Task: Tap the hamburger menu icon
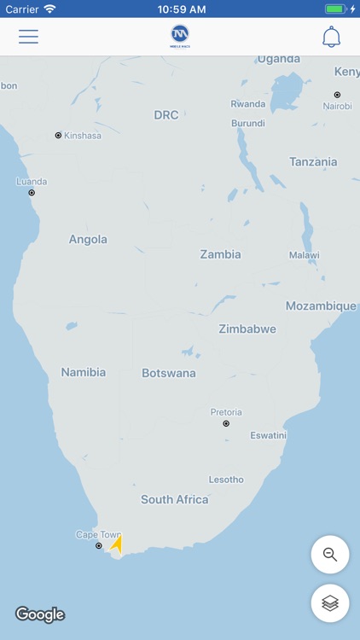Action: pos(28,37)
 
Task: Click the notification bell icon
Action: pos(331,37)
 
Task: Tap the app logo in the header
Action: pos(180,37)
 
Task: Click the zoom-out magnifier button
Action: pos(329,554)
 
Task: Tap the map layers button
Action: pos(329,603)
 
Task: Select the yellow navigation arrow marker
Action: pos(117,544)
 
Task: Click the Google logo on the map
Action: pos(40,614)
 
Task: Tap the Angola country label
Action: pos(88,240)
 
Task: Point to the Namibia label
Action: pos(84,372)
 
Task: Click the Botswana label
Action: pos(169,373)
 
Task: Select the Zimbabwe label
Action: pos(247,329)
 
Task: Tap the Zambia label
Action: pos(220,254)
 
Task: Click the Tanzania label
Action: pos(313,162)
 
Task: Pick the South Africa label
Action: pos(175,499)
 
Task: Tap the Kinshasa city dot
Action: pos(58,135)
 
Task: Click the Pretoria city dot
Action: pos(226,423)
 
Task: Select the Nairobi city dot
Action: pos(337,95)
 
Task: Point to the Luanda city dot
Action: pos(32,193)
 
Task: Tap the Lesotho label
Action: pos(226,480)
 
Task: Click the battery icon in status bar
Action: pos(336,9)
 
